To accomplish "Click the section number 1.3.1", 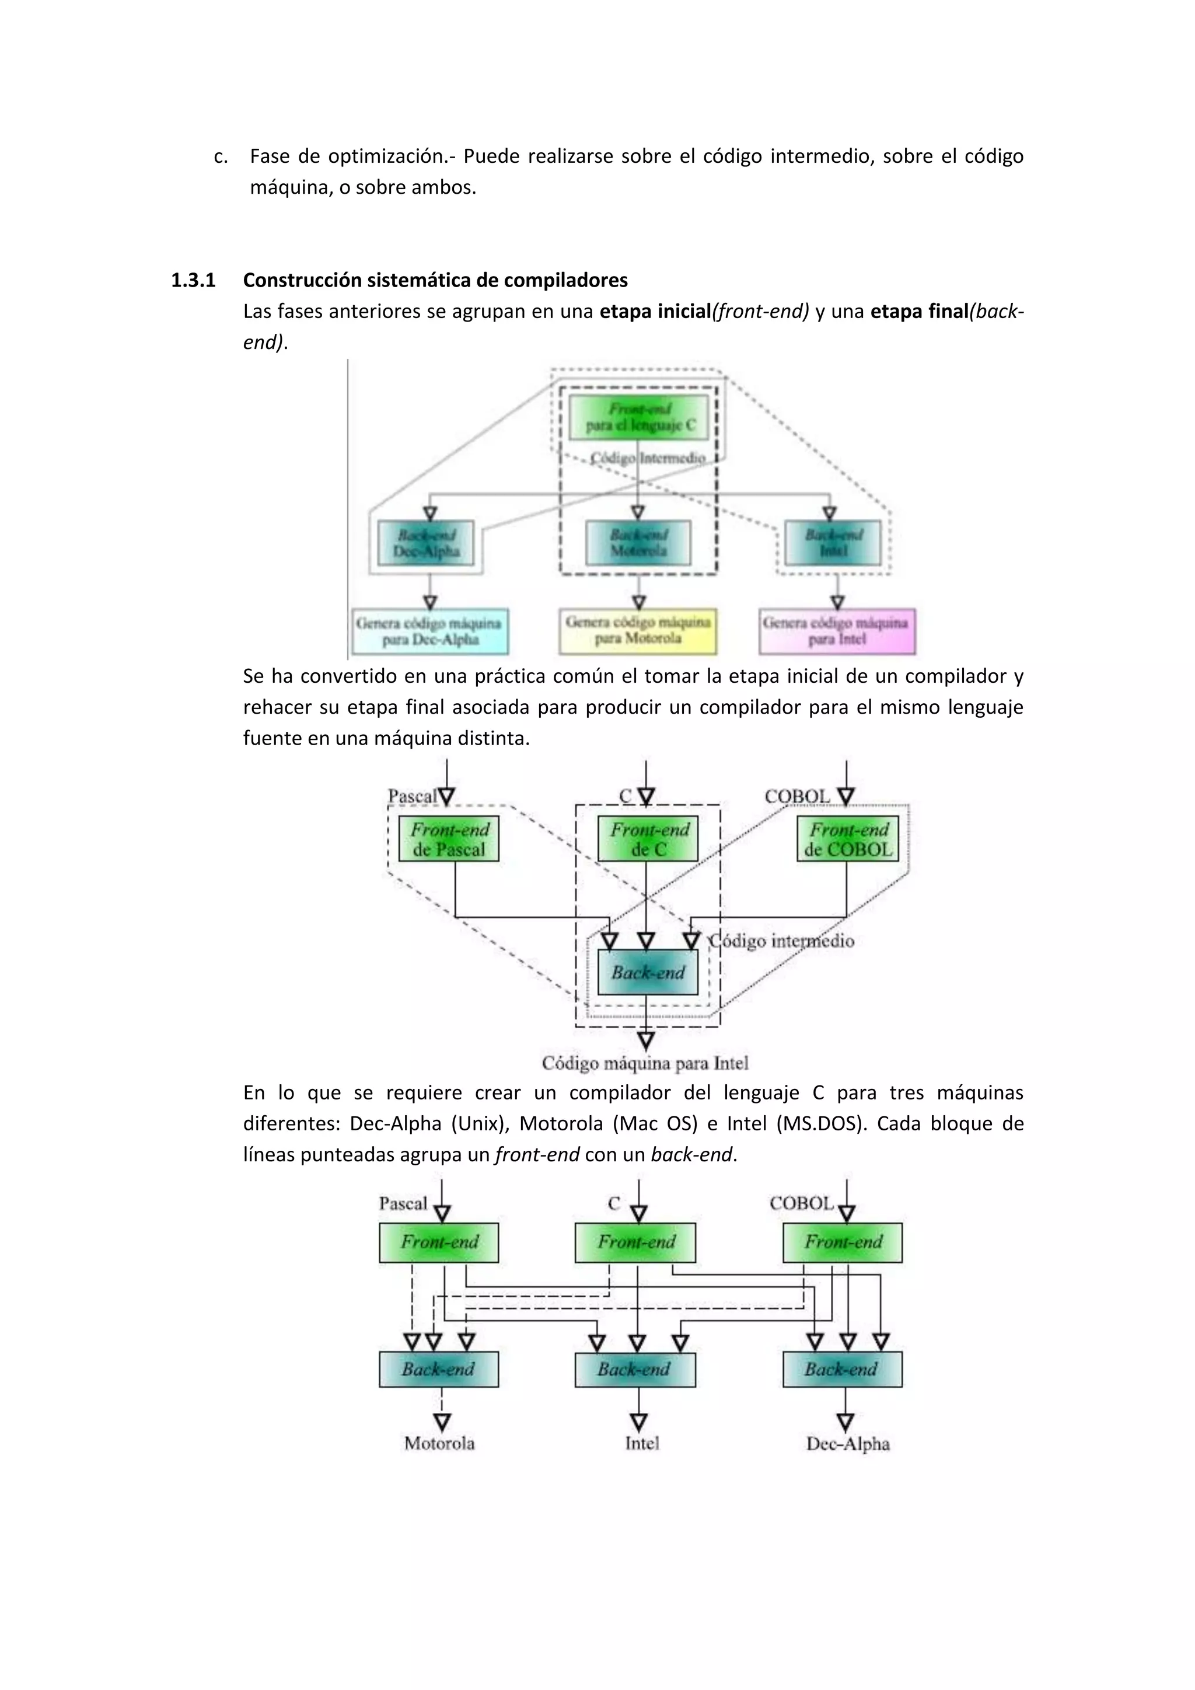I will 193,281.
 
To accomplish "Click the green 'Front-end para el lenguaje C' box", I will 639,417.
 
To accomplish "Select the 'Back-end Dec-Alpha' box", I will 426,543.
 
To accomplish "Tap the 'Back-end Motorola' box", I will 638,543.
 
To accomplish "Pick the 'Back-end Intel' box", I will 832,543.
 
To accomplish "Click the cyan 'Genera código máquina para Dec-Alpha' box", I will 429,631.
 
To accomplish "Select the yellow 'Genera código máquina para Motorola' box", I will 637,631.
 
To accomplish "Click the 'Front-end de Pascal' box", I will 449,839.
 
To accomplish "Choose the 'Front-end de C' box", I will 648,839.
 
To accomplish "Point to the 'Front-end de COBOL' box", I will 848,839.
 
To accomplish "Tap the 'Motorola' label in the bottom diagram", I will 439,1443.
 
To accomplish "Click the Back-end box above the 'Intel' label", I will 635,1369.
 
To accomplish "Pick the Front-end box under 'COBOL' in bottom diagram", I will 843,1242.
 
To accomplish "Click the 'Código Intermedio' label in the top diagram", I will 648,458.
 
